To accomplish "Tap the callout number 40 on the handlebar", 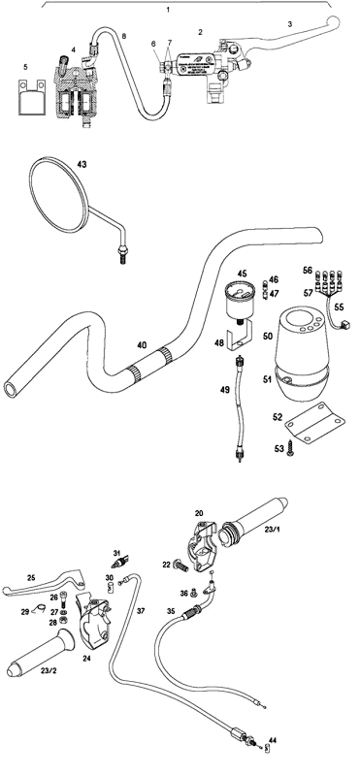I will point(142,345).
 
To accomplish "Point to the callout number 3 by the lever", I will point(288,22).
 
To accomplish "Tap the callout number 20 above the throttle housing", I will point(199,513).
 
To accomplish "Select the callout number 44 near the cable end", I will point(270,739).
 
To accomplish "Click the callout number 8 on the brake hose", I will point(122,36).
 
